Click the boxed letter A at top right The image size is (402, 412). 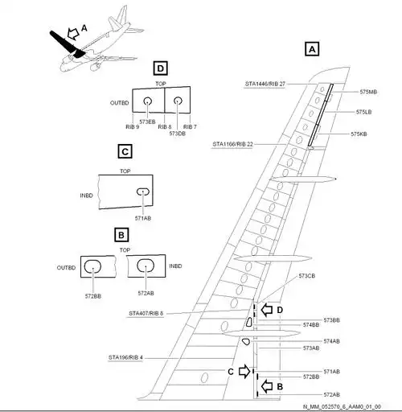click(x=312, y=48)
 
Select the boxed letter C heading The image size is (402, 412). click(x=124, y=150)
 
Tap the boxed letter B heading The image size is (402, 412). click(x=121, y=235)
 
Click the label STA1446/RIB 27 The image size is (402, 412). click(x=265, y=84)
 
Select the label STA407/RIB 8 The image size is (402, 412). click(x=146, y=313)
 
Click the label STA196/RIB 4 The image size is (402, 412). click(x=125, y=356)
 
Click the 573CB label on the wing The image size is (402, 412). click(x=307, y=276)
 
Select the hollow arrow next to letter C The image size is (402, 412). click(x=244, y=372)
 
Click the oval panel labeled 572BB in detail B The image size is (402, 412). click(x=93, y=266)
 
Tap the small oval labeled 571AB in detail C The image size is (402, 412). click(x=142, y=192)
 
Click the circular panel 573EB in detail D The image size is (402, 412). click(x=149, y=101)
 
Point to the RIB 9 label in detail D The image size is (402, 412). click(x=133, y=127)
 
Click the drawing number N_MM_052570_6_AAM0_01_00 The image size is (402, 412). click(x=342, y=407)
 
